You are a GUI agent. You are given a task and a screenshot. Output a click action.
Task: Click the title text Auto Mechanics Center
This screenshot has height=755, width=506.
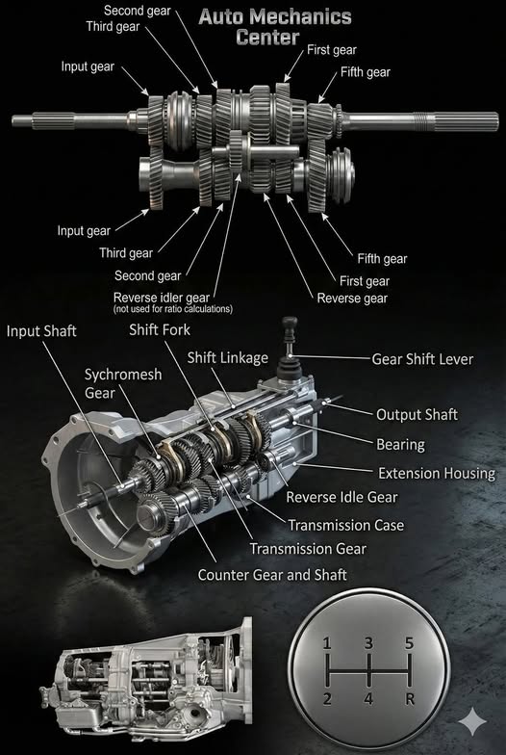[x=274, y=27]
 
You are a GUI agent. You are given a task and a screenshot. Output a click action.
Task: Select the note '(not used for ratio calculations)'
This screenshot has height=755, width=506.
[x=173, y=309]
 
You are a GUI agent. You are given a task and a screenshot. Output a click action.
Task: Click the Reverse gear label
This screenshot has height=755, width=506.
[x=352, y=299]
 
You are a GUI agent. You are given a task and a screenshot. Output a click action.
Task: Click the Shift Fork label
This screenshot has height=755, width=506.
[x=162, y=329]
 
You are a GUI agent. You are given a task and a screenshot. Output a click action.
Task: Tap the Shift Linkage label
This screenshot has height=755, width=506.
[x=228, y=357]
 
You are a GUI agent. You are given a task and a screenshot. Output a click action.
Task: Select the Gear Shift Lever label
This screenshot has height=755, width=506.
[x=422, y=359]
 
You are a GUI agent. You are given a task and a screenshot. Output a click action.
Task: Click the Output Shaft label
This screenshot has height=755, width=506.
[x=417, y=414]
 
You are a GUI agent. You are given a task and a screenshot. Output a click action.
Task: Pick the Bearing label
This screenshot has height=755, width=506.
[x=400, y=444]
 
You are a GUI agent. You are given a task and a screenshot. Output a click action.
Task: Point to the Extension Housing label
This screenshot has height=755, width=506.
[x=436, y=473]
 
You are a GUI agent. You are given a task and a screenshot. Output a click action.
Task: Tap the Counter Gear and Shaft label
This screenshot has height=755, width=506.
[x=272, y=574]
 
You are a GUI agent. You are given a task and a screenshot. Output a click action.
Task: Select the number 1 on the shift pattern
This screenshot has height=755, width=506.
[x=328, y=642]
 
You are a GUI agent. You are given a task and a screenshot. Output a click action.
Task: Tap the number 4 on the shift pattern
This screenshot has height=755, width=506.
[x=367, y=697]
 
